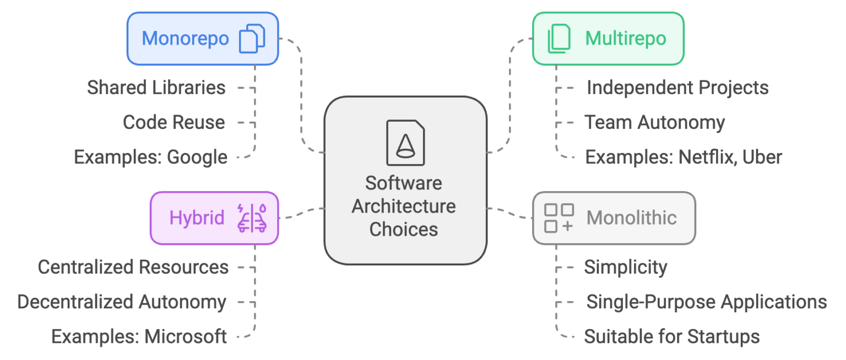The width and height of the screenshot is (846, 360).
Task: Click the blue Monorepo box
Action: click(203, 39)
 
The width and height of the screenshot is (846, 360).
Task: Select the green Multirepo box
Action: click(608, 39)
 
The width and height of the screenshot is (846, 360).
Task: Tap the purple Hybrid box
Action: click(214, 218)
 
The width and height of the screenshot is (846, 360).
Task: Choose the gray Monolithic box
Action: click(614, 218)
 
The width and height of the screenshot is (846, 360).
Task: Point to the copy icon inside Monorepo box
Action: click(252, 39)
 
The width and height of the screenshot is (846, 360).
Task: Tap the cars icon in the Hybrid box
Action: click(252, 218)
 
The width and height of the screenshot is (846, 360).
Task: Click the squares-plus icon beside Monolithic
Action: click(558, 218)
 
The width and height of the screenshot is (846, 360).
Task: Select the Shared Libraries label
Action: click(156, 88)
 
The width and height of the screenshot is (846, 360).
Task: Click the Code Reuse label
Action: click(173, 122)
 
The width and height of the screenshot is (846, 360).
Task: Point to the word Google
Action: click(197, 157)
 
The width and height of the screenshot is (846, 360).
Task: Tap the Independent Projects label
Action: click(677, 88)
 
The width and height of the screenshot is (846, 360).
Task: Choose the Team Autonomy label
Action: click(654, 122)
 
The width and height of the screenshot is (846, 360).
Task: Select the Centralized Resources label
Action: click(133, 268)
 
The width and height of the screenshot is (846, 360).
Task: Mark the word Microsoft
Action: click(186, 336)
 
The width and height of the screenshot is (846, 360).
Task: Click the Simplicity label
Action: click(625, 268)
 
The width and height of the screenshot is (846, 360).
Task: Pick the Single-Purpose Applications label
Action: click(706, 302)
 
